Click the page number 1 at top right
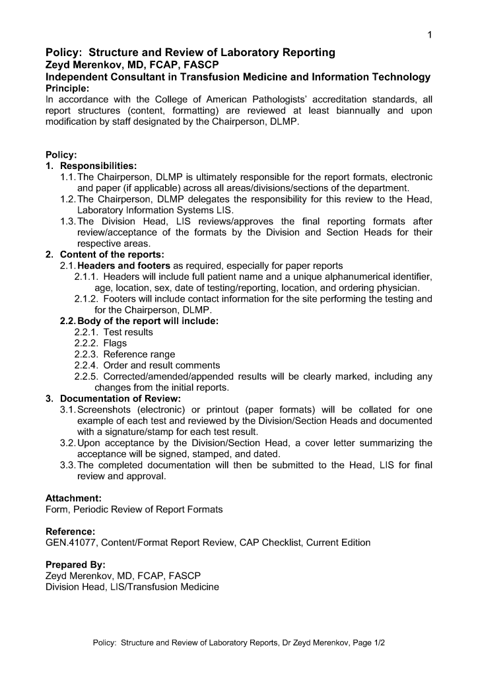point(430,35)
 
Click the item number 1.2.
point(68,199)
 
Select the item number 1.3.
point(68,221)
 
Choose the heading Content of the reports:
point(112,254)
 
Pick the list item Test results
point(128,332)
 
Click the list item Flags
point(115,343)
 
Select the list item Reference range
point(139,355)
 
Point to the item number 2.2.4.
point(86,365)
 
